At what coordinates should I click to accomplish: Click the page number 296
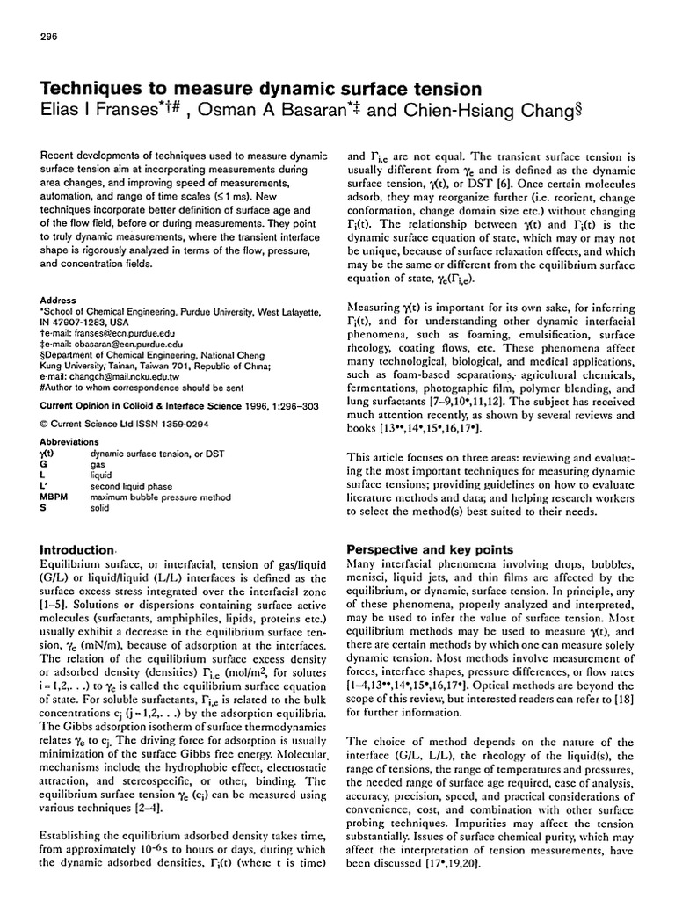49,37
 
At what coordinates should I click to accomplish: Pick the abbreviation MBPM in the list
57,497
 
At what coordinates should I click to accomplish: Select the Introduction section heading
78,548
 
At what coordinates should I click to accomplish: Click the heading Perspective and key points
430,548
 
